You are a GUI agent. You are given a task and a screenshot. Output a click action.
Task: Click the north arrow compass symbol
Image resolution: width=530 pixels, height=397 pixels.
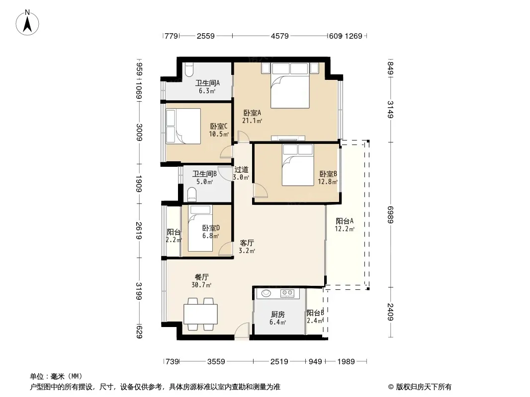[x=27, y=23]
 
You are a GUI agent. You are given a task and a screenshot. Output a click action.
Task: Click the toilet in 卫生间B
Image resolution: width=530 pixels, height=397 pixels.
[x=191, y=195]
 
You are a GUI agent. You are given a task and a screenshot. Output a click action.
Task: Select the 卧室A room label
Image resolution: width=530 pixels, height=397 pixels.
[x=252, y=113]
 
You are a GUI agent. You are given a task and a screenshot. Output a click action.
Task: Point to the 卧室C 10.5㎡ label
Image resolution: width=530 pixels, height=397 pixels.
[x=219, y=130]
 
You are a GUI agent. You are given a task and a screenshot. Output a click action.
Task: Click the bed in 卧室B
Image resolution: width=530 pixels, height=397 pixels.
[x=298, y=165]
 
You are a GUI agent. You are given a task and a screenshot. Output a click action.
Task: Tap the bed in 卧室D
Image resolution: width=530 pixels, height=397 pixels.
[x=200, y=228]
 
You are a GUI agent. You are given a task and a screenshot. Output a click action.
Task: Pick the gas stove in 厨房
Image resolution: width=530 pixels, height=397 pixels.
[x=287, y=293]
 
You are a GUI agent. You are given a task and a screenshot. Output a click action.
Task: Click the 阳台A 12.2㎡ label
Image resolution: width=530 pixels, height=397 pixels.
[x=345, y=225]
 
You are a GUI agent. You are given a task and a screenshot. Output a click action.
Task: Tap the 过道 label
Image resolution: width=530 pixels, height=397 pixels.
[x=241, y=170]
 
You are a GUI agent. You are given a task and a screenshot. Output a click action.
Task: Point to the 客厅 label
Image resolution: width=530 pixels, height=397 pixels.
[x=247, y=243]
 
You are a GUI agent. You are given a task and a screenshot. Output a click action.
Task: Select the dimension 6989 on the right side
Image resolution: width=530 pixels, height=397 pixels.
[x=390, y=214]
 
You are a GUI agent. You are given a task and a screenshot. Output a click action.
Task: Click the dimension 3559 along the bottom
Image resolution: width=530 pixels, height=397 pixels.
[x=216, y=362]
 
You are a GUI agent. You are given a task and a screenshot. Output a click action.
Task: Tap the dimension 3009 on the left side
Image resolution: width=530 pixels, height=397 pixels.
[x=139, y=132]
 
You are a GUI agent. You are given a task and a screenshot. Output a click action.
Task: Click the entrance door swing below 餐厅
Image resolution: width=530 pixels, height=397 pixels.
[x=242, y=330]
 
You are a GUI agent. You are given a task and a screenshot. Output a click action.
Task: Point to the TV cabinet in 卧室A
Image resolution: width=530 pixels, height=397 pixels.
[x=288, y=138]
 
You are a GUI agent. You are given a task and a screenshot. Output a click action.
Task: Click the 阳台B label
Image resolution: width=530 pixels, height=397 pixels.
[x=315, y=313]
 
